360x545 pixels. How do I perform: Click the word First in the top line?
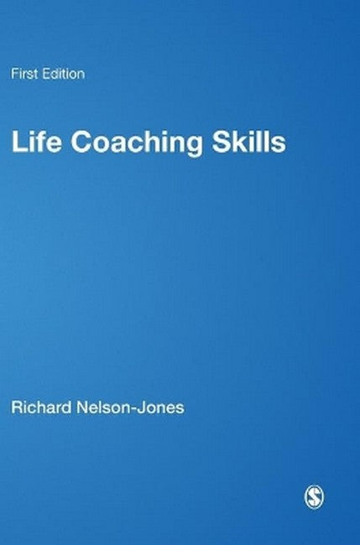pos(22,74)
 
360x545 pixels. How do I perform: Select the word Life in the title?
pos(33,143)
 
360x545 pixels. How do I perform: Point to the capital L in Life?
pos(17,143)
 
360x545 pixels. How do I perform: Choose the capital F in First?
pos(13,74)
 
